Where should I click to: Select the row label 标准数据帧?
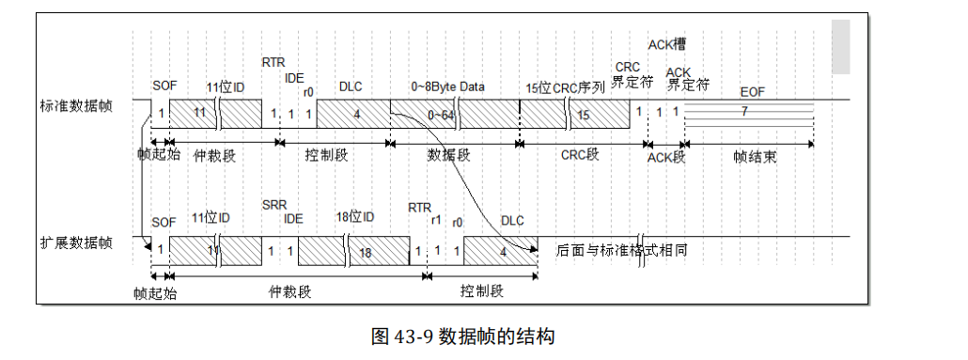point(74,105)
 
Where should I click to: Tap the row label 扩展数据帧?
point(74,243)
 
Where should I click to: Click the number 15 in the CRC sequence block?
point(583,114)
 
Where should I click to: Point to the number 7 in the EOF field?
point(744,111)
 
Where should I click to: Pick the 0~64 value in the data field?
point(440,114)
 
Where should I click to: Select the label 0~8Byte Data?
point(447,86)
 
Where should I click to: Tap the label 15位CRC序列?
point(565,87)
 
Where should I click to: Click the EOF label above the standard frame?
point(752,92)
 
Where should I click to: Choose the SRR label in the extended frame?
point(273,204)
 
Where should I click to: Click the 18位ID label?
point(355,218)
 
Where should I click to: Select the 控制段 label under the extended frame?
point(481,291)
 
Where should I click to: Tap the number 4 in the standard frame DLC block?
point(355,114)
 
